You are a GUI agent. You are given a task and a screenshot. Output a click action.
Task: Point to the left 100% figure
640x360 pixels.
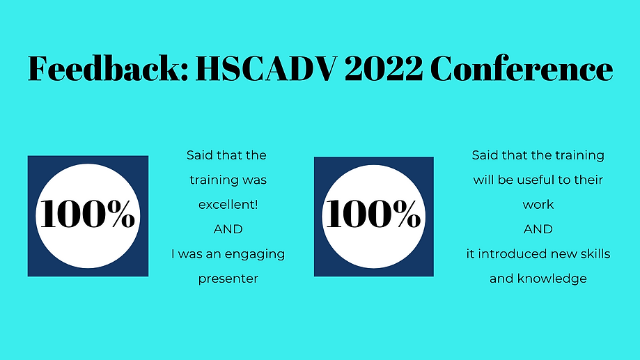(88, 214)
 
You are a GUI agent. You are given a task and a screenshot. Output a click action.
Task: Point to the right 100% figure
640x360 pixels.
(374, 214)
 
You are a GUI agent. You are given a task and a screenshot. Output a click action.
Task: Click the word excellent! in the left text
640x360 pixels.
(228, 205)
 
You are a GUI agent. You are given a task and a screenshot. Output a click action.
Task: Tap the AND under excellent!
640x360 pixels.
(228, 229)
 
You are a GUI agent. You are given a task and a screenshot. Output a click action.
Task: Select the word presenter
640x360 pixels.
(228, 279)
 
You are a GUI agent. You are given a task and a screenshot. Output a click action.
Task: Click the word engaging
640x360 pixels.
(256, 254)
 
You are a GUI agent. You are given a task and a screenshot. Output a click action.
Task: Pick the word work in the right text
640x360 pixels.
(538, 205)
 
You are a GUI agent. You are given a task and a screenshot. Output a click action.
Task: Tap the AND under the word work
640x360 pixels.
(538, 229)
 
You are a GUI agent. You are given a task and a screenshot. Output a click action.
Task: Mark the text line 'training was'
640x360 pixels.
(228, 180)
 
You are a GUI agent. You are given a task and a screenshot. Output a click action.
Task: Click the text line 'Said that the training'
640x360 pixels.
(538, 155)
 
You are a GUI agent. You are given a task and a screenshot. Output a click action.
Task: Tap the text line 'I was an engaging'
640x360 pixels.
(228, 254)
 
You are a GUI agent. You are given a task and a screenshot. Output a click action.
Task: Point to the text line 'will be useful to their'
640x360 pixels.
(538, 180)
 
